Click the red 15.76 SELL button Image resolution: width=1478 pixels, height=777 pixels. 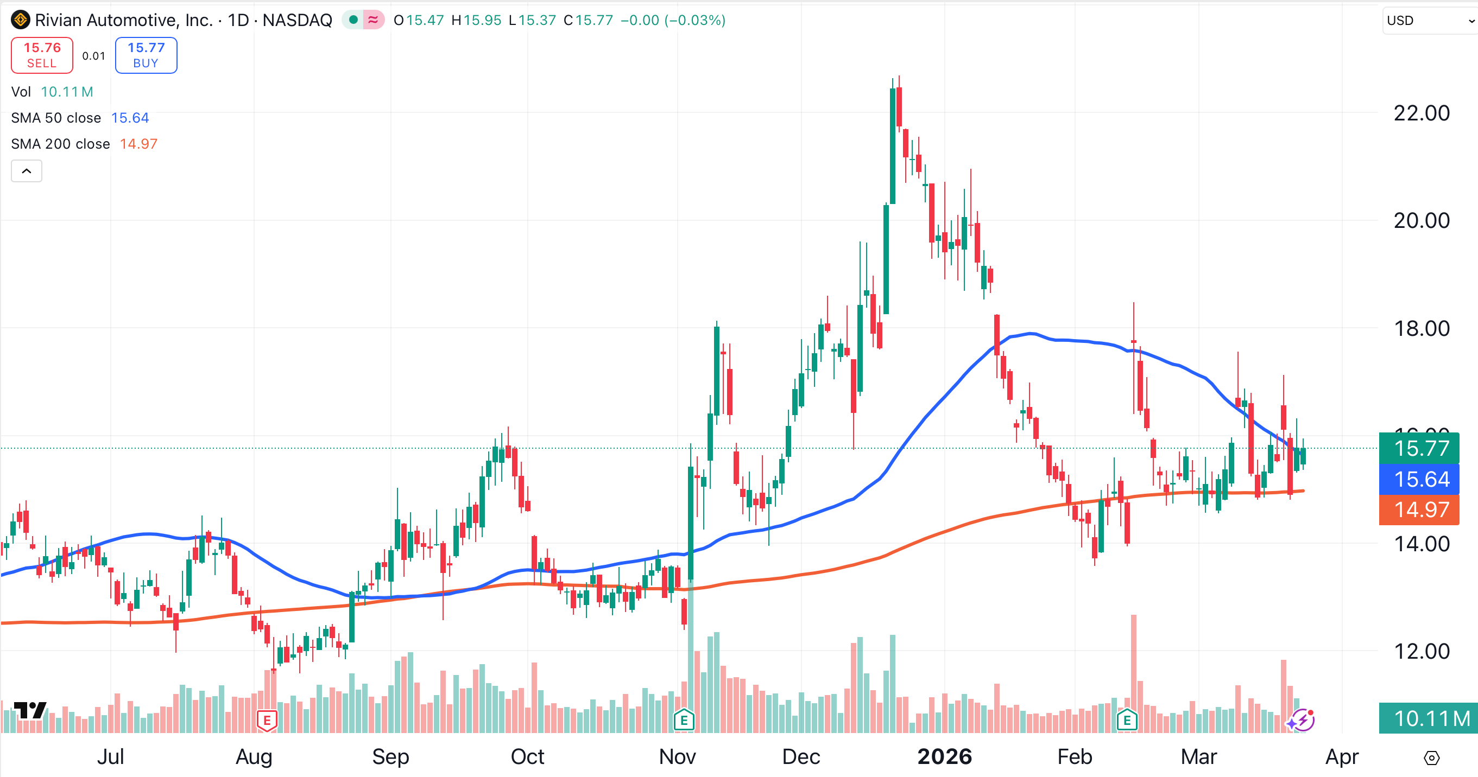tap(42, 55)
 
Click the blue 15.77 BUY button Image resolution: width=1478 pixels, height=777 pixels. tap(146, 55)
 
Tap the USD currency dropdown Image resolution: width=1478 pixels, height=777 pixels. tap(1429, 21)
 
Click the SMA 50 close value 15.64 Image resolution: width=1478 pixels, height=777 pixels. tap(130, 118)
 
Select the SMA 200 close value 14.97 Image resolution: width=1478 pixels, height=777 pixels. tap(138, 144)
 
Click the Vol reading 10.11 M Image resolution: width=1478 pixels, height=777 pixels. tap(67, 92)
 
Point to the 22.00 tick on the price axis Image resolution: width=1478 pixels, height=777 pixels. tap(1421, 113)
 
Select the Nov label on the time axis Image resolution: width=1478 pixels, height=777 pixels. tap(677, 757)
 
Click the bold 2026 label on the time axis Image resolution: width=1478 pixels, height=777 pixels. tap(944, 757)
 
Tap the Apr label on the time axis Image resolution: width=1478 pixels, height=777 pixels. tap(1342, 757)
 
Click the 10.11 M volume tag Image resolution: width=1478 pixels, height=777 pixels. tap(1428, 718)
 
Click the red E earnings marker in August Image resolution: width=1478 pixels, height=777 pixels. tap(267, 720)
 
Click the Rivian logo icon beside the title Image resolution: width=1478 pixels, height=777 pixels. tap(21, 20)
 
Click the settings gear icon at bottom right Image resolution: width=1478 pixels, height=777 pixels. tap(1431, 758)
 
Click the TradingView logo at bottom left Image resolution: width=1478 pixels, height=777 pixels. tap(30, 710)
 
